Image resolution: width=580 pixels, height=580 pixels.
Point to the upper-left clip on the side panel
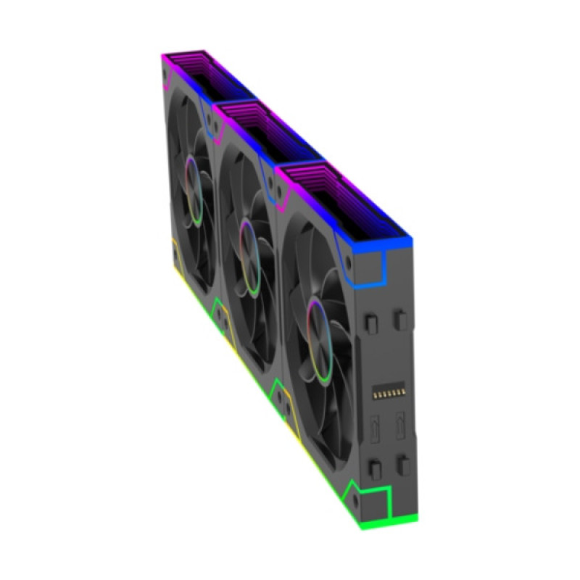point(373,319)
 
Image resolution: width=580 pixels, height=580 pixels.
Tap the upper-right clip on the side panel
point(399,318)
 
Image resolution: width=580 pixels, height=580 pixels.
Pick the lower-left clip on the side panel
point(374,465)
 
